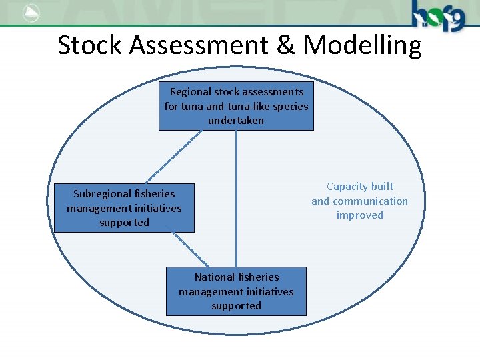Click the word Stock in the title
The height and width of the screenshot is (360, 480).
(89, 46)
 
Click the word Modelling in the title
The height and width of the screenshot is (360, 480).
(363, 46)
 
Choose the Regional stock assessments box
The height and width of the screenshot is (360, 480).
(236, 106)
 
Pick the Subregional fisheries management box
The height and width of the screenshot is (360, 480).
(124, 208)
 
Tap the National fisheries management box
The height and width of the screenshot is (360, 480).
(236, 291)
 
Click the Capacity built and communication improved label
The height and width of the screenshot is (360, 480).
(360, 201)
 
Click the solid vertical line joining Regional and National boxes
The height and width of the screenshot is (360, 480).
(236, 200)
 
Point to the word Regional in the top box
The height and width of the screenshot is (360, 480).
(190, 92)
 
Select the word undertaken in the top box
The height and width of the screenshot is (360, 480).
(236, 121)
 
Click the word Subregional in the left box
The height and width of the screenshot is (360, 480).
(102, 194)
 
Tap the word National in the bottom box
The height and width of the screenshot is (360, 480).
(214, 277)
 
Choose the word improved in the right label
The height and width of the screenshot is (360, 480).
(360, 215)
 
